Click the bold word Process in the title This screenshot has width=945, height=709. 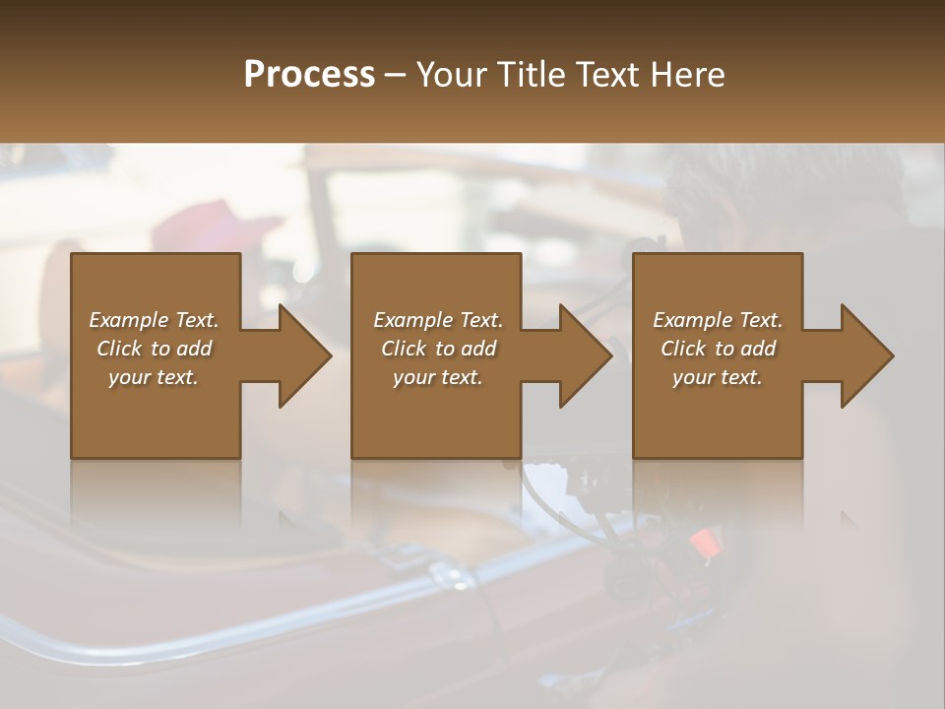coord(309,75)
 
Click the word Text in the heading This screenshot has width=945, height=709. coord(607,75)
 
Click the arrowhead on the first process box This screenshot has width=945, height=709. coord(305,355)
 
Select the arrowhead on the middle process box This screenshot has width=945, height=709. coord(586,355)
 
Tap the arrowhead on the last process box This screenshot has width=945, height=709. coord(867,355)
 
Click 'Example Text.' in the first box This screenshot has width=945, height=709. coord(154,320)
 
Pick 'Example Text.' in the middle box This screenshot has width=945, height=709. coord(438,320)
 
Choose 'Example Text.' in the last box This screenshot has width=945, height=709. coord(718,320)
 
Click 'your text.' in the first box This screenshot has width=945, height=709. coord(154,377)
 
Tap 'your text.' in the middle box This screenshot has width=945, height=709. coord(438,377)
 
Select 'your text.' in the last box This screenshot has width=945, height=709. coord(718,377)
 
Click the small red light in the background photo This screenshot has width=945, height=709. coord(703,541)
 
